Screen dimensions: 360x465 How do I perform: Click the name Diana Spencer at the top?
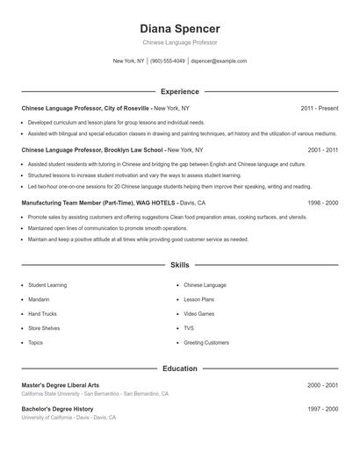179,28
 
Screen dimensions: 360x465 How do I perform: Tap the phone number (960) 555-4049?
168,61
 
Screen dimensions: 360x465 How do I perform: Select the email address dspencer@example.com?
219,61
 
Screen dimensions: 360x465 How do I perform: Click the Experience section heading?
179,91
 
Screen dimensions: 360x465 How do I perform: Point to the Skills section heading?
179,264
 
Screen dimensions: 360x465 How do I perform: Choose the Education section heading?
179,368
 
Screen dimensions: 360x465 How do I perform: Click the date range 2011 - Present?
319,108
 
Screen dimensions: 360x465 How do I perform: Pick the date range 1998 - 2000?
320,202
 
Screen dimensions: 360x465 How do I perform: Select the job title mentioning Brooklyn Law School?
92,150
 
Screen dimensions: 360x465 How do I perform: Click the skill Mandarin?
40,299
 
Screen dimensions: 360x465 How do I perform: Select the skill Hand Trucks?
42,313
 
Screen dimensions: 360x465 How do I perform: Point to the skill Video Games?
198,313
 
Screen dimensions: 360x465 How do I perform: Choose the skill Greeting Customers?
206,342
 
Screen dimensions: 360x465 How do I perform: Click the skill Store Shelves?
44,328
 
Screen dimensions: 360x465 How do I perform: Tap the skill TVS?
189,328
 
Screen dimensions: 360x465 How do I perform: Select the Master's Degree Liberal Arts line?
61,385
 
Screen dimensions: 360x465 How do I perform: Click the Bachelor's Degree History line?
57,409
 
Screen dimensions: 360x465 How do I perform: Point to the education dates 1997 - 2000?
320,409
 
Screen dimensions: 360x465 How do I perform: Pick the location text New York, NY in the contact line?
128,61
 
